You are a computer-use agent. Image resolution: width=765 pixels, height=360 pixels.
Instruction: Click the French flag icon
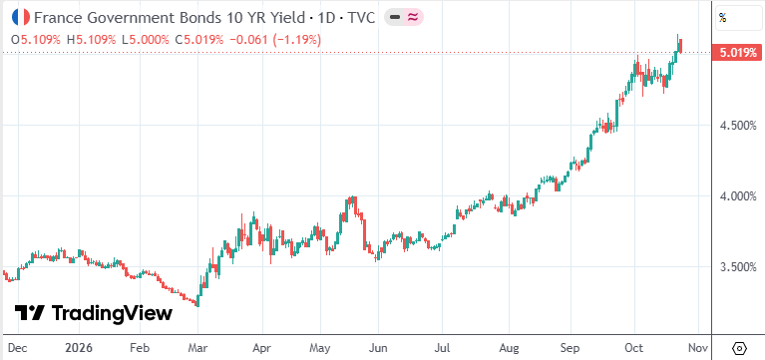pyautogui.click(x=21, y=18)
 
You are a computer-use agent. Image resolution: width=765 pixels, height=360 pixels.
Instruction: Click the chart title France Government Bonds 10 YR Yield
pyautogui.click(x=170, y=18)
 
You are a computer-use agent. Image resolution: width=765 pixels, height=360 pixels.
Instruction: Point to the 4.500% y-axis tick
pyautogui.click(x=739, y=126)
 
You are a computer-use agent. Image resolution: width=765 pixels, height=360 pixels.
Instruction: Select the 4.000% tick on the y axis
pyautogui.click(x=739, y=196)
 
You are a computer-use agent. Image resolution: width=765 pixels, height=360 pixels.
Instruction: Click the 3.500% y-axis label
pyautogui.click(x=739, y=267)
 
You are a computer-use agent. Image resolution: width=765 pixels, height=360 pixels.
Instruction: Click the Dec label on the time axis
pyautogui.click(x=18, y=349)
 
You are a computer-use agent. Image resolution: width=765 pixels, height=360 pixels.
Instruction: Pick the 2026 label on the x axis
pyautogui.click(x=79, y=349)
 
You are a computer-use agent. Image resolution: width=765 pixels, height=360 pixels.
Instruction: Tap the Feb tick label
pyautogui.click(x=140, y=349)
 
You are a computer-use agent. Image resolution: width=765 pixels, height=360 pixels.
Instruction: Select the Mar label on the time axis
pyautogui.click(x=198, y=349)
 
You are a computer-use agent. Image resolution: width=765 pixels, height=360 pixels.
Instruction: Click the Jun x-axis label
pyautogui.click(x=378, y=349)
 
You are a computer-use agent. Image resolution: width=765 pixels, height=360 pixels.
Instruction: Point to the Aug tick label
pyautogui.click(x=509, y=349)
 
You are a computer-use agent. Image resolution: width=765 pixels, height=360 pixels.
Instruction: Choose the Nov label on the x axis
pyautogui.click(x=698, y=349)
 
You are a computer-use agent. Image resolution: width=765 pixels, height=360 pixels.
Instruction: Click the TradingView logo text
pyautogui.click(x=112, y=313)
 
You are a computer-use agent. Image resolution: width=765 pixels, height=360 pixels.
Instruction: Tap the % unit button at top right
pyautogui.click(x=723, y=19)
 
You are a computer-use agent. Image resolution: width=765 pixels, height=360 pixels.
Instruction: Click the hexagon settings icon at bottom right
pyautogui.click(x=740, y=349)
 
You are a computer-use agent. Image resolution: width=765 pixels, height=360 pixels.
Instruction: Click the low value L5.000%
pyautogui.click(x=146, y=40)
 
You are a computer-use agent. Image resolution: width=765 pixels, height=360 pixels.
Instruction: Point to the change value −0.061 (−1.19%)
pyautogui.click(x=274, y=40)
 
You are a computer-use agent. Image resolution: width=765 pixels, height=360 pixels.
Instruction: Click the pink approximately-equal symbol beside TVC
pyautogui.click(x=413, y=18)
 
